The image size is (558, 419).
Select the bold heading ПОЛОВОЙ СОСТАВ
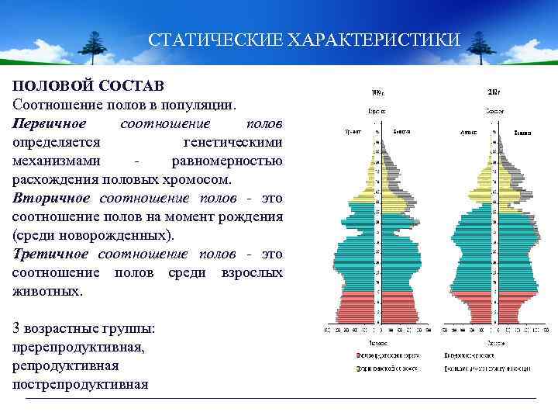(88, 85)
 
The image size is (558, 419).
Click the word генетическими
(232, 142)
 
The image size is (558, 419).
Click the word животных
(46, 292)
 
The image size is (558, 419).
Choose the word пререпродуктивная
(77, 347)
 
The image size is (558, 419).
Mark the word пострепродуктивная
(80, 384)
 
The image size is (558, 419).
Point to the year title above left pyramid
(377, 91)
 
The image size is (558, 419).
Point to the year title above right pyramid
(494, 91)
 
